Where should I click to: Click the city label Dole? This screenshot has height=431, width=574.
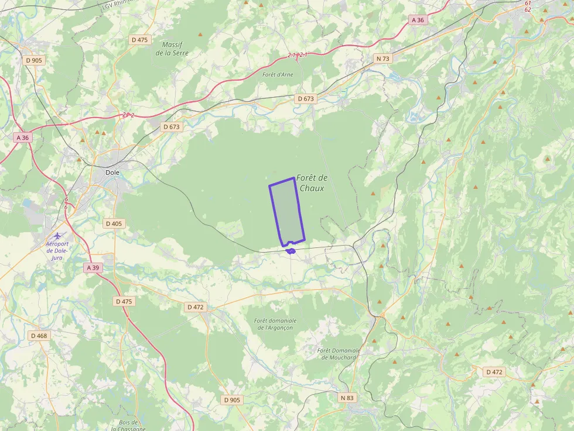point(112,173)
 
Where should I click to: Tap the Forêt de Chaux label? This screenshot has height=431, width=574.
point(312,183)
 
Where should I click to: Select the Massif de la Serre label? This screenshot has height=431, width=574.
point(172,49)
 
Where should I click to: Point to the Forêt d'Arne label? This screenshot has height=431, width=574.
point(278,74)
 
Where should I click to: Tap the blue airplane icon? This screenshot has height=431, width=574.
point(57,235)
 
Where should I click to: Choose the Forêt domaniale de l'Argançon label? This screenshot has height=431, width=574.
point(275,324)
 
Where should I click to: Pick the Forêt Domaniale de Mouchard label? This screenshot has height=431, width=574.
point(339,354)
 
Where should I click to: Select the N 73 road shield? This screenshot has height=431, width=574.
point(382,58)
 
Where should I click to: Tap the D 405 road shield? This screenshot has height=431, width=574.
point(113,223)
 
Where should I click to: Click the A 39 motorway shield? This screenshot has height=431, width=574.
point(93,267)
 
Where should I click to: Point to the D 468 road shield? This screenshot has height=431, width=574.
point(39,336)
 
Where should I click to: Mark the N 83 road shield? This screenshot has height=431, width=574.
point(347,398)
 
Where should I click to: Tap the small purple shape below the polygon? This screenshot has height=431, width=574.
point(291,251)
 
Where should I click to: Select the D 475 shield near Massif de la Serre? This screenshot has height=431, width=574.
point(140,40)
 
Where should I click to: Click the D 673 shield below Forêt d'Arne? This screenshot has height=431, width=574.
point(306,99)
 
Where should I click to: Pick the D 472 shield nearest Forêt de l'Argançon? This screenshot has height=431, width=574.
point(195,307)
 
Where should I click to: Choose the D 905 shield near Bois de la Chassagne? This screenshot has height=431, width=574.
point(231,400)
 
